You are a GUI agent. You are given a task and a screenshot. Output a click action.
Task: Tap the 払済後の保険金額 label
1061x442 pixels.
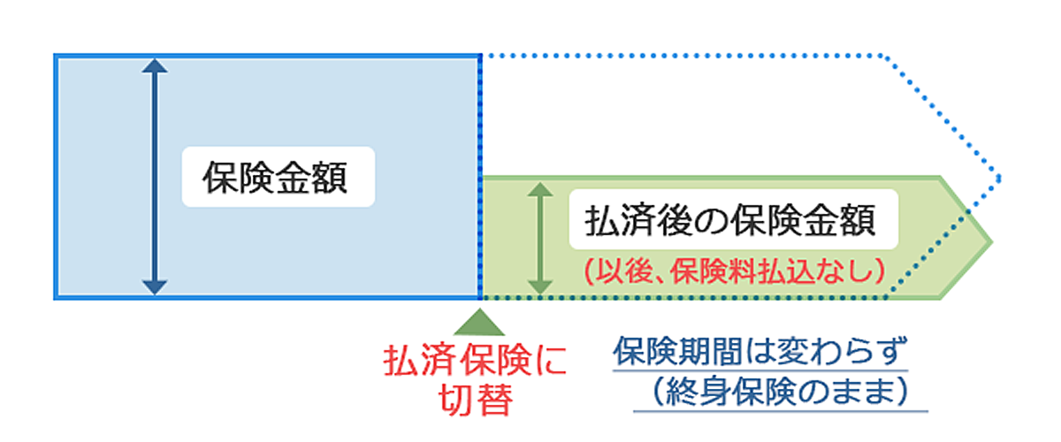coord(730,220)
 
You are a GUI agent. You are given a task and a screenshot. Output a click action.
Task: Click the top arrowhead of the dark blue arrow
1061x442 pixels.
coord(154,65)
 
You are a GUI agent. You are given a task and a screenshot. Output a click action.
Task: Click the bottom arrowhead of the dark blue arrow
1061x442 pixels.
coord(154,287)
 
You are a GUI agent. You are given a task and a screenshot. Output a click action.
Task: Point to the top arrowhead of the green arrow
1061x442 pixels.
coord(538,189)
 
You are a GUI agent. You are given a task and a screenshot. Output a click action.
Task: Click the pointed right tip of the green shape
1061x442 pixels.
coord(990,239)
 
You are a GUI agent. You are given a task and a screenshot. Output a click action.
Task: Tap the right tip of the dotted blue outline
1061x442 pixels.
coord(999,178)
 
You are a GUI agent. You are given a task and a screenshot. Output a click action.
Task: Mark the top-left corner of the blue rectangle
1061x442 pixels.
coord(56,56)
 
